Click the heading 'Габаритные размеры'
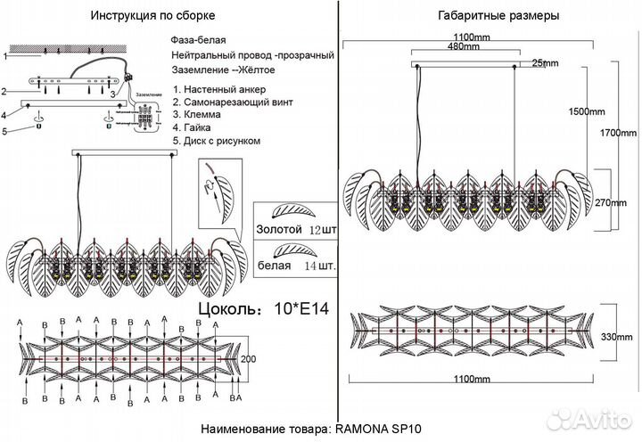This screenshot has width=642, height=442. point(486,16)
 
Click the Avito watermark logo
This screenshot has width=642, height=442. point(593,419)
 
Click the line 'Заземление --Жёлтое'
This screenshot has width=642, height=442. point(224,69)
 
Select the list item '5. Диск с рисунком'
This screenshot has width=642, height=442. point(217,141)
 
